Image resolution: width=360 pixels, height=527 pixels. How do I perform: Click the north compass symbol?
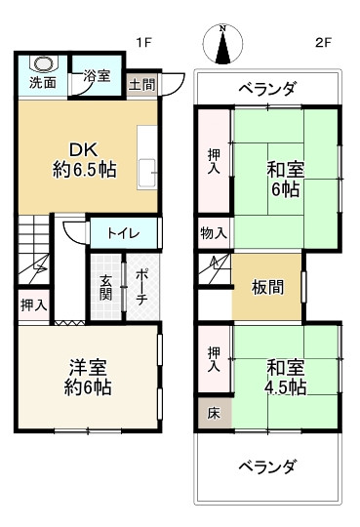click(223, 45)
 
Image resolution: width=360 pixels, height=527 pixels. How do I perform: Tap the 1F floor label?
click(143, 43)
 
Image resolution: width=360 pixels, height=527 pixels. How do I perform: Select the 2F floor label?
click(324, 43)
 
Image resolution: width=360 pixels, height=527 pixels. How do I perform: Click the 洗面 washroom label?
click(42, 83)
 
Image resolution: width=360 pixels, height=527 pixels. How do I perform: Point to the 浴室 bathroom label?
click(96, 75)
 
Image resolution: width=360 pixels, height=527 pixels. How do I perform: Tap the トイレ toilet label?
click(122, 233)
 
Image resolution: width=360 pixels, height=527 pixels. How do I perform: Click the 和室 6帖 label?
click(285, 180)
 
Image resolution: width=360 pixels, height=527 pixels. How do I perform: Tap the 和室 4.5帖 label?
click(285, 377)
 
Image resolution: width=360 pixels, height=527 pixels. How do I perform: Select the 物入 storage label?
click(214, 233)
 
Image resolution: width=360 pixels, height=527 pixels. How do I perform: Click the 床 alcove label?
click(213, 413)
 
